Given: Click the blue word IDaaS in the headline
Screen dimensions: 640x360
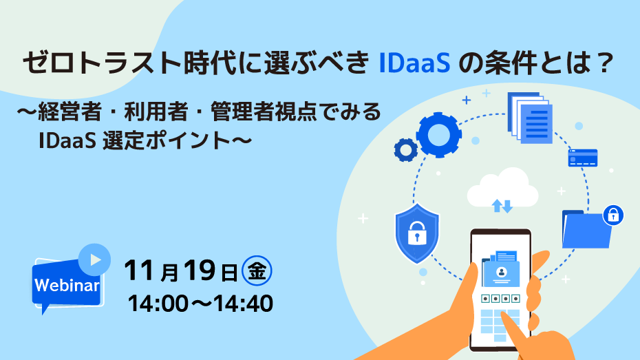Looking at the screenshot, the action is tap(415, 63).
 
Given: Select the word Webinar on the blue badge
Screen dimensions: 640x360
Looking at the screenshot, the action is tap(67, 285).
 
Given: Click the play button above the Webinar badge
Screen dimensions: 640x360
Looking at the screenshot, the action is tap(94, 260).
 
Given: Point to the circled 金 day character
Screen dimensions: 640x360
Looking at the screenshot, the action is tap(257, 271).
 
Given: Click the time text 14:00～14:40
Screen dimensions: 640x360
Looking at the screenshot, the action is tap(200, 304).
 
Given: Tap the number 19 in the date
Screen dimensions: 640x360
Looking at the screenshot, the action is tap(199, 271).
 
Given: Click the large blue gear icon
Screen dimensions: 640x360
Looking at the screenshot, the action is tap(439, 135).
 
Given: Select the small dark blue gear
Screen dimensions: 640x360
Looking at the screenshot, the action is tap(406, 150).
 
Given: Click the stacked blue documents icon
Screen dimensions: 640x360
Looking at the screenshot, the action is tap(530, 118).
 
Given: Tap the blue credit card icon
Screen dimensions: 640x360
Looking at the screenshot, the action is tap(582, 158).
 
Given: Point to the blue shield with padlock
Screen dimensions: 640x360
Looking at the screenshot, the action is tap(417, 233).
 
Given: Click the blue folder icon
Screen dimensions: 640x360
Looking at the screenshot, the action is tap(586, 229).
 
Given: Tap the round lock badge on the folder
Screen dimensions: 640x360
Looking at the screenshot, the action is tap(613, 215).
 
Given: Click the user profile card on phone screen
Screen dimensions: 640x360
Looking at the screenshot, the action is tap(501, 274).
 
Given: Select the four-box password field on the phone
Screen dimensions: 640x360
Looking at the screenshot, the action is tap(500, 299).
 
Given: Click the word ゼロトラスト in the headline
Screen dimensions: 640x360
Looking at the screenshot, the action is tap(102, 63).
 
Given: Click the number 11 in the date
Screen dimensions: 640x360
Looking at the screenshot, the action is tap(139, 271).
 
